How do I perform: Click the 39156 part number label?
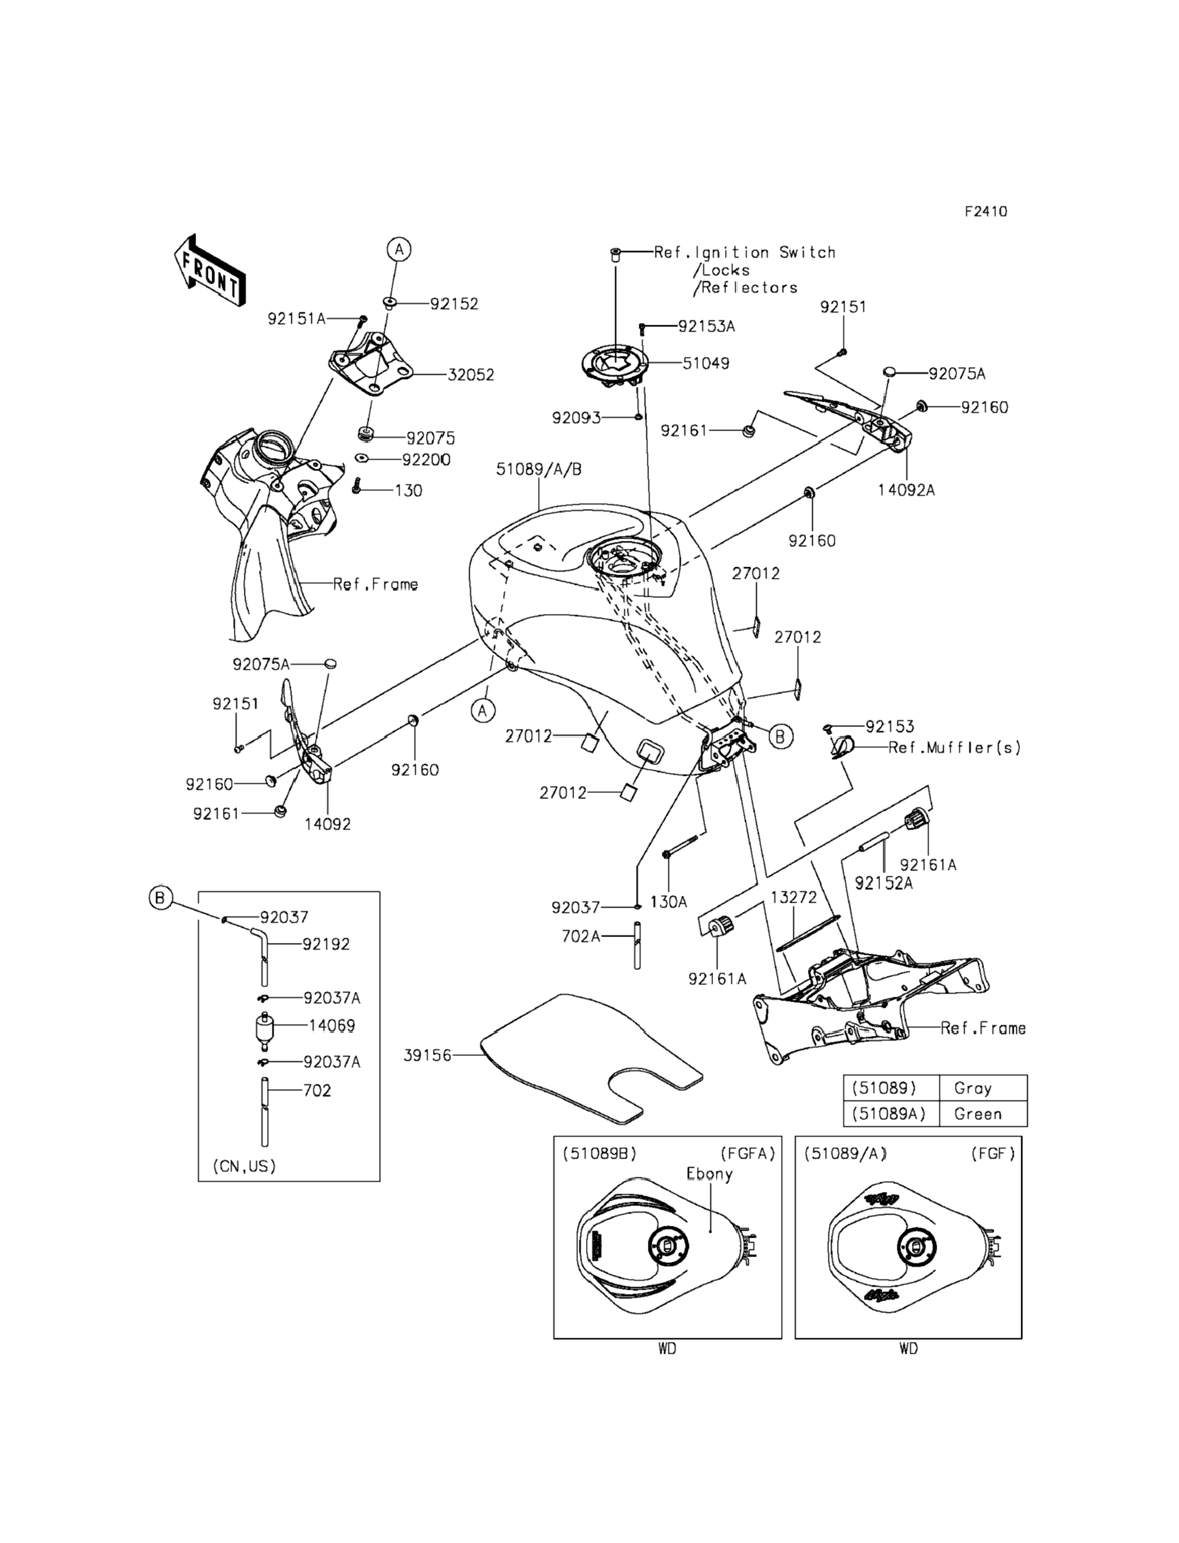(x=427, y=1055)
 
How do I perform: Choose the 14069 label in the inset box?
(x=332, y=1026)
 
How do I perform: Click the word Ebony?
(x=709, y=1174)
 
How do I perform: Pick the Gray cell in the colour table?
(x=973, y=1089)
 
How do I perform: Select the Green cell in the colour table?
(x=978, y=1114)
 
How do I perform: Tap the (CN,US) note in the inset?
(x=244, y=1166)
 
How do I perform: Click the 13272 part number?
(x=794, y=898)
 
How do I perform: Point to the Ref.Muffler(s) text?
(x=954, y=748)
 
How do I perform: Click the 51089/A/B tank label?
(x=539, y=469)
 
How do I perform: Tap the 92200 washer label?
(x=426, y=460)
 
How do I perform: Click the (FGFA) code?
(x=747, y=1154)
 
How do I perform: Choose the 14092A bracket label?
(x=906, y=491)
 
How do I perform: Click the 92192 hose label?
(x=326, y=944)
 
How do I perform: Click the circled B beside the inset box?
(x=161, y=898)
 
